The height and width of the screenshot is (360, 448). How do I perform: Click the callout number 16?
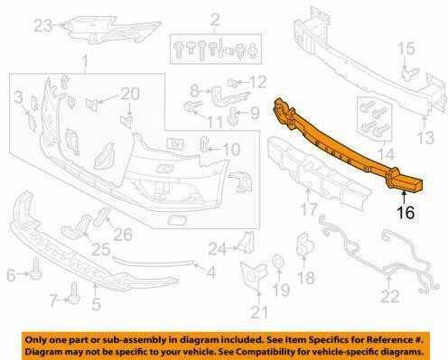point(406,213)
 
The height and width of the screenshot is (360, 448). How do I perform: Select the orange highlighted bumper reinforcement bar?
point(346,146)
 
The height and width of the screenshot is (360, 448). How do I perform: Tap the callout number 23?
point(43,26)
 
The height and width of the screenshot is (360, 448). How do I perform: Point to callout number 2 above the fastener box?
point(215,20)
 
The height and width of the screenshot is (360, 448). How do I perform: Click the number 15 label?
point(406,49)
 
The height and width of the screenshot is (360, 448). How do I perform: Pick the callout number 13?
point(425,137)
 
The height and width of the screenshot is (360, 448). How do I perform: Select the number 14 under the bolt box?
point(386,154)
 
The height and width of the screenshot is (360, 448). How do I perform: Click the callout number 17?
point(309,209)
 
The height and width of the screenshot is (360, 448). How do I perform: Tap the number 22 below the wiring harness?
point(390,296)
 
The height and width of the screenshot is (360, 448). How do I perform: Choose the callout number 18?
point(306,278)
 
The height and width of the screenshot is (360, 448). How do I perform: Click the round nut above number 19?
point(277,261)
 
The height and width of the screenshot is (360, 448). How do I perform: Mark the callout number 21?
point(259,312)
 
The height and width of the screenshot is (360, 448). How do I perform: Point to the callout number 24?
point(218,249)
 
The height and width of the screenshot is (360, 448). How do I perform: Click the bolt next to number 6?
point(36,268)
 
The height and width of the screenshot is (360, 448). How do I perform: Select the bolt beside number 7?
point(74,293)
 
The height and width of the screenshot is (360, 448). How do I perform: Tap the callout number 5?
point(96,304)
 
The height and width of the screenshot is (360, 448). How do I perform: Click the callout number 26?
point(123,235)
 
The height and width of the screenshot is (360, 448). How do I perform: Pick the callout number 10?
point(231,149)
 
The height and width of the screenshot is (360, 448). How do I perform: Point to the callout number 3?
point(19,97)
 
